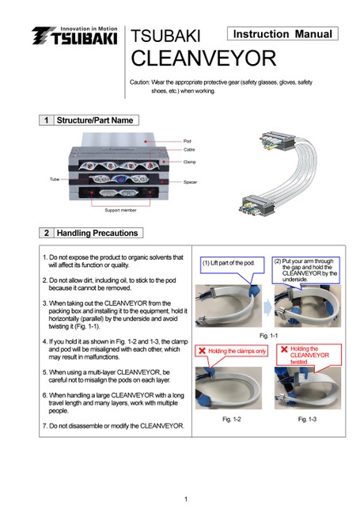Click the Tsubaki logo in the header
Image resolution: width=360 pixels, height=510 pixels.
pyautogui.click(x=74, y=36)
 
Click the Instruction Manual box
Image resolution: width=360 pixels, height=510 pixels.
pyautogui.click(x=282, y=34)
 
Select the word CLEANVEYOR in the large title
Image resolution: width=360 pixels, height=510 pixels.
pyautogui.click(x=203, y=59)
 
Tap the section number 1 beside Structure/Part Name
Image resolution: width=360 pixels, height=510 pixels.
pyautogui.click(x=46, y=120)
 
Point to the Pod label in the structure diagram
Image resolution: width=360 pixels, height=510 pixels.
pyautogui.click(x=188, y=141)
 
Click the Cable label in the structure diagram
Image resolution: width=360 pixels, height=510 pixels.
pyautogui.click(x=189, y=150)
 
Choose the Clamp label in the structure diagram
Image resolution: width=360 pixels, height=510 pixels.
pyautogui.click(x=189, y=162)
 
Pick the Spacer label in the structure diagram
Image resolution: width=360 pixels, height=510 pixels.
pyautogui.click(x=190, y=182)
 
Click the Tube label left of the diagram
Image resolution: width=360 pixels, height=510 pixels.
pyautogui.click(x=55, y=179)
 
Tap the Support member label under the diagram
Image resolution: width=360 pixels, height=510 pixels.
pyautogui.click(x=120, y=211)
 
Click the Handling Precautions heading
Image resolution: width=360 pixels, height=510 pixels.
pyautogui.click(x=97, y=233)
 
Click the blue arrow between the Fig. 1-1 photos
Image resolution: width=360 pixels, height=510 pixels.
pyautogui.click(x=268, y=307)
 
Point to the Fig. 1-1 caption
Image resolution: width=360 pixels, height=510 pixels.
pyautogui.click(x=268, y=336)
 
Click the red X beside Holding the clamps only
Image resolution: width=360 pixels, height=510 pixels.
pyautogui.click(x=202, y=351)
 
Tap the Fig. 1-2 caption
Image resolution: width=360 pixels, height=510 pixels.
pyautogui.click(x=232, y=419)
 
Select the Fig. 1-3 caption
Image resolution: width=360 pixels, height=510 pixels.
pyautogui.click(x=307, y=419)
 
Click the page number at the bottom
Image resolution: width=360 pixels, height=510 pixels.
pyautogui.click(x=186, y=499)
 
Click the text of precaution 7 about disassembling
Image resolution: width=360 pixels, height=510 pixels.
pyautogui.click(x=113, y=426)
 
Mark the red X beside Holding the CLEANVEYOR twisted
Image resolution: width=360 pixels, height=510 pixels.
pyautogui.click(x=284, y=349)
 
